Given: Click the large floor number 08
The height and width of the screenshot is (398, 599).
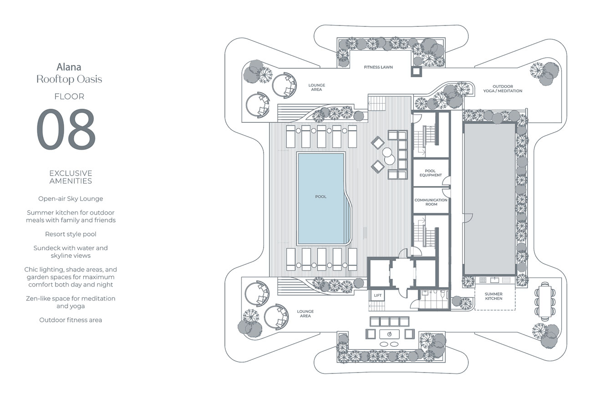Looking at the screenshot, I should pos(66,129).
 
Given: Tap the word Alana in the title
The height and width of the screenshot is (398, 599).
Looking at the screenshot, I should pos(69,68).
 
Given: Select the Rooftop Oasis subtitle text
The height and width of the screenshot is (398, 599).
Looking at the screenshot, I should pos(69,79).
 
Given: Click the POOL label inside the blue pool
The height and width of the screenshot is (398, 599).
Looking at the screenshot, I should pos(321,197).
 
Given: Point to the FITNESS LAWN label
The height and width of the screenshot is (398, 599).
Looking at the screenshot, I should pos(378,67).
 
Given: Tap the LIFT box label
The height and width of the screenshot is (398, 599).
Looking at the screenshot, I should pos(377,296).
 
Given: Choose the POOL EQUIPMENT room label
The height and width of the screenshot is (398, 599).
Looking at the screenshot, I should pos(431,173).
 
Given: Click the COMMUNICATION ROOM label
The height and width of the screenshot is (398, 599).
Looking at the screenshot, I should pos(431,202).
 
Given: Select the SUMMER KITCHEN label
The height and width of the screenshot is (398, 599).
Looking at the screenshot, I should pos(493,296).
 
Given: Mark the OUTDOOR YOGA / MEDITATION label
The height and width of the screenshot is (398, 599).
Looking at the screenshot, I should pos(503,89).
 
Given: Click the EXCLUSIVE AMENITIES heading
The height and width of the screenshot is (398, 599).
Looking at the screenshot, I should pos(71,177).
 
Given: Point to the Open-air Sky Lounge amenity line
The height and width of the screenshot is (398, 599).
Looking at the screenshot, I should pos(71,199).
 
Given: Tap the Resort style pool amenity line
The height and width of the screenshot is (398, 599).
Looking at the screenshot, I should pos(71,234).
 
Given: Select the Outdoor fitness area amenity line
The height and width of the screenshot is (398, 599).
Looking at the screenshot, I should pos(71,320).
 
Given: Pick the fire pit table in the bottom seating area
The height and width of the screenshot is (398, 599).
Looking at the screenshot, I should pos(389,334).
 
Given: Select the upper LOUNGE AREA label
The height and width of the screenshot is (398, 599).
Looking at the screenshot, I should pos(316,87).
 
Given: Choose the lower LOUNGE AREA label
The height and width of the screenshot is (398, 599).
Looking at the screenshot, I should pos(305,314).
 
